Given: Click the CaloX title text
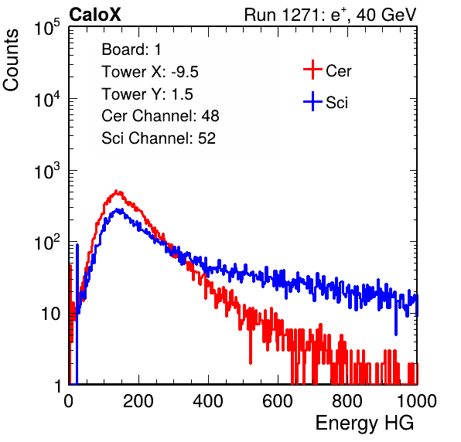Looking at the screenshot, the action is (x=94, y=14).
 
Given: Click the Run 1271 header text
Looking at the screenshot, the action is (x=330, y=15).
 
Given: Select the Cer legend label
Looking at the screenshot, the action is (x=338, y=71).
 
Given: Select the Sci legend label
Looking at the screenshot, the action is (x=336, y=103).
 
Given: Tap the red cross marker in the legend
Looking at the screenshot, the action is (x=312, y=70).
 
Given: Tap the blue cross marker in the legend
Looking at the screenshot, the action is (x=312, y=101).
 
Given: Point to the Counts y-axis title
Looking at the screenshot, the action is (x=11, y=60).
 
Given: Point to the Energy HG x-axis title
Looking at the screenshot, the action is (x=364, y=423).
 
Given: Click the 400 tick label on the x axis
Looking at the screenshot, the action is (x=208, y=401).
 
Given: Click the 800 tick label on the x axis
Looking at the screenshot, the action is (x=347, y=401).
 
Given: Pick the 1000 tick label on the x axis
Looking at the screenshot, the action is (x=417, y=401).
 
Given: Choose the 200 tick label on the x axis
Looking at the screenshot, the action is (x=138, y=401).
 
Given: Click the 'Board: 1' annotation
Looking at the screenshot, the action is (x=131, y=49).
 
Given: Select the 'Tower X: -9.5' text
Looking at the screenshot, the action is (x=150, y=72).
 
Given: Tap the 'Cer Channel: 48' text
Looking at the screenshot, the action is (x=160, y=116).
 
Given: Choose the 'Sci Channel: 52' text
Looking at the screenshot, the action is (x=159, y=138).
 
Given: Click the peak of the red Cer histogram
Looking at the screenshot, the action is (x=116, y=191).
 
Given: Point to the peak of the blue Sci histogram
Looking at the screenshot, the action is (x=118, y=209).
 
